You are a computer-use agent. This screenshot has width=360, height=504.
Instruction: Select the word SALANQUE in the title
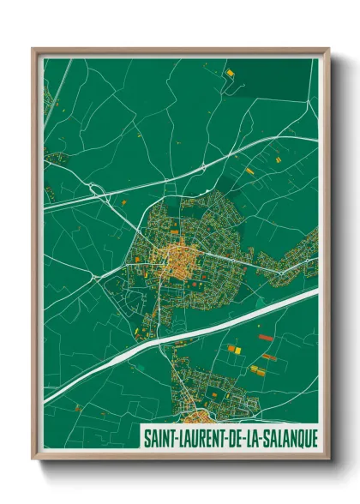pyautogui.click(x=287, y=438)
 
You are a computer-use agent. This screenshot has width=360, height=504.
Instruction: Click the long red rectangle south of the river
pyautogui.click(x=268, y=357)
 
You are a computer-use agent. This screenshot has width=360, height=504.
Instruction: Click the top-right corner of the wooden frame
pyautogui.click(x=327, y=50)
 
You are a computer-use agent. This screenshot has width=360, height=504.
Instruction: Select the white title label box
pyautogui.click(x=227, y=438)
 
